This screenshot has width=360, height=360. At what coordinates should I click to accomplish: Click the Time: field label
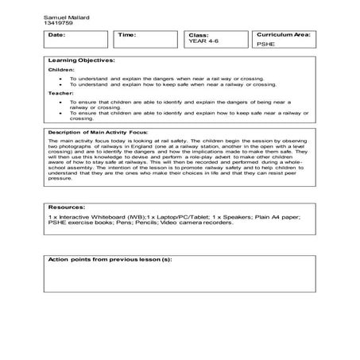pos(127,36)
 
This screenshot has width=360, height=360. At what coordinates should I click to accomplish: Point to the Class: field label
pos(198,36)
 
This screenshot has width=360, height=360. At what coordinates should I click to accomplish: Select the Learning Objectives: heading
pos(82,60)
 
